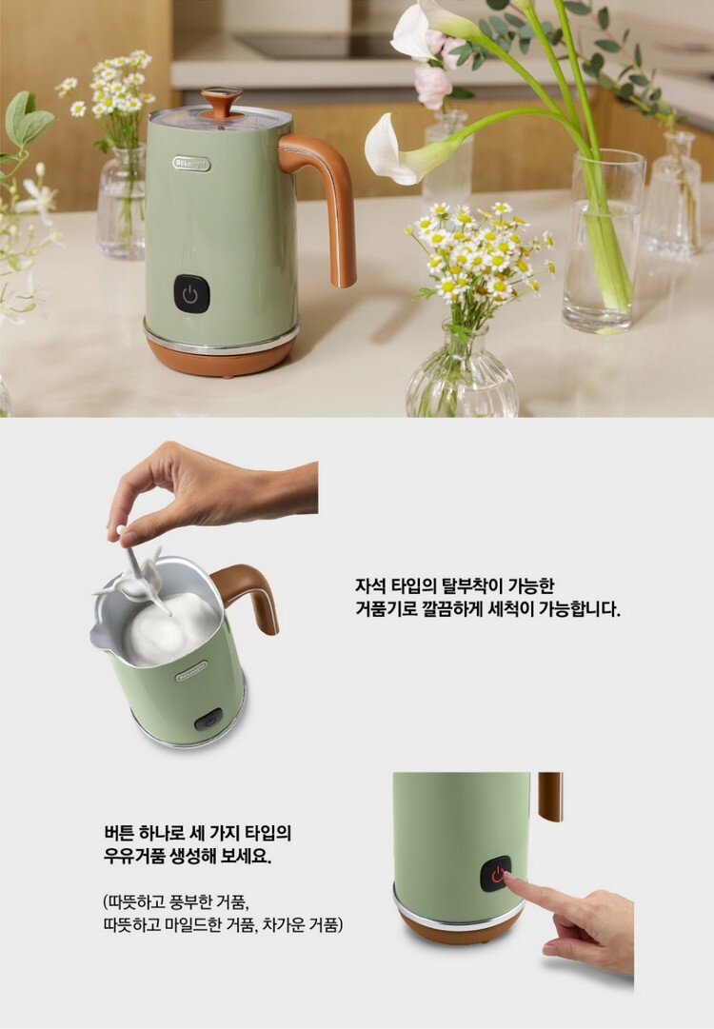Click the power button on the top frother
pos(191,293)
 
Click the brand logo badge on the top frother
pos(191,164)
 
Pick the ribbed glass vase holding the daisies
pos(462,373)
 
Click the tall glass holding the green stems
pos(605,241)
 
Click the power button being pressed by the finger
pos(495,874)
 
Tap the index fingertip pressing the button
pos(509,879)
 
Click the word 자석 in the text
pos(368,584)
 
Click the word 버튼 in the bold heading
pos(119,833)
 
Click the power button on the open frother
pos(208,720)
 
